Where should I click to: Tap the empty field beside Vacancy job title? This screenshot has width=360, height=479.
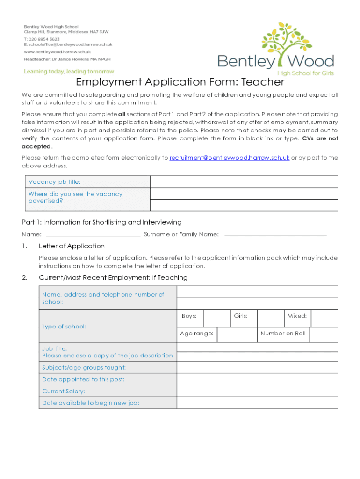click(x=244, y=182)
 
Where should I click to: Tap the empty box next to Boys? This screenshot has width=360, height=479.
click(x=217, y=318)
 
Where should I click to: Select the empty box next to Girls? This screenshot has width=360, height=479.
click(x=271, y=318)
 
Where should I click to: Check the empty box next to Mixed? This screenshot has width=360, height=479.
click(x=324, y=318)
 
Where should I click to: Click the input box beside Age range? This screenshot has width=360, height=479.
click(x=237, y=334)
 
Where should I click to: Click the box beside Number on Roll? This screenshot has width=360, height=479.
click(x=323, y=334)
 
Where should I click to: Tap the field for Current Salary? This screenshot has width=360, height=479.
click(x=257, y=391)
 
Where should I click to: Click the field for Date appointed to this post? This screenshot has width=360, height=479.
click(x=257, y=379)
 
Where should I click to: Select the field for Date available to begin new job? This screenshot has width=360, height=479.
click(x=257, y=403)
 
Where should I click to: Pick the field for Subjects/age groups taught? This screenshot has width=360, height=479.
click(x=257, y=368)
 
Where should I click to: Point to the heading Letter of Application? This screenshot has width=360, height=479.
click(x=72, y=246)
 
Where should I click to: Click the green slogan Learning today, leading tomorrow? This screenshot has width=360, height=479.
click(x=69, y=72)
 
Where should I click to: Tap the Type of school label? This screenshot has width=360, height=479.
click(x=64, y=327)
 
